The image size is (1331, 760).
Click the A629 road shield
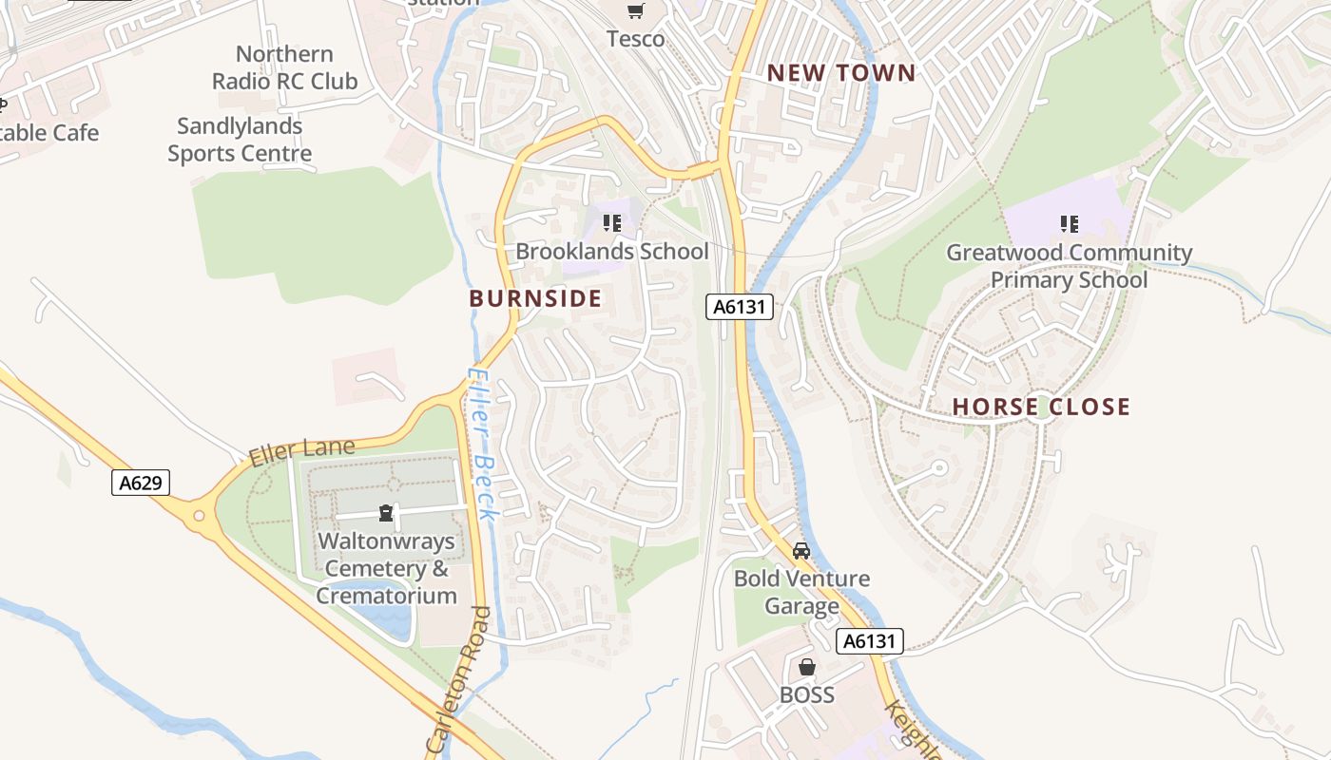pos(141,483)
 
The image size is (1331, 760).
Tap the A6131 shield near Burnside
pos(739,307)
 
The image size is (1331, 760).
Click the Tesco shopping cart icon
pos(635,11)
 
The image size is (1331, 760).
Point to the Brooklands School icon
pos(611,224)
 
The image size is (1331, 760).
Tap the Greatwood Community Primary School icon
pos(1069,225)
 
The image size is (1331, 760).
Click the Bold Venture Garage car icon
pos(801,551)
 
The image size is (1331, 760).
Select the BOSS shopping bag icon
pos(806,667)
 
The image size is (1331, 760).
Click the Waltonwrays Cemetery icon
pos(386,514)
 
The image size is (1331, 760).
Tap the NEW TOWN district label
pos(841,73)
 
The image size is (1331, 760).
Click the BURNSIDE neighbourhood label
pos(535,298)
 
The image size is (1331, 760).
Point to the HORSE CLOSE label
pos(1041,407)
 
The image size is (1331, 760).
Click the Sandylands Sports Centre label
pos(240,140)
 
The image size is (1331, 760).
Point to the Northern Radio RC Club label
pos(284,67)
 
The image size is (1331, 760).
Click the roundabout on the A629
pos(199,517)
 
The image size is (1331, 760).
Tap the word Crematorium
pos(386,596)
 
